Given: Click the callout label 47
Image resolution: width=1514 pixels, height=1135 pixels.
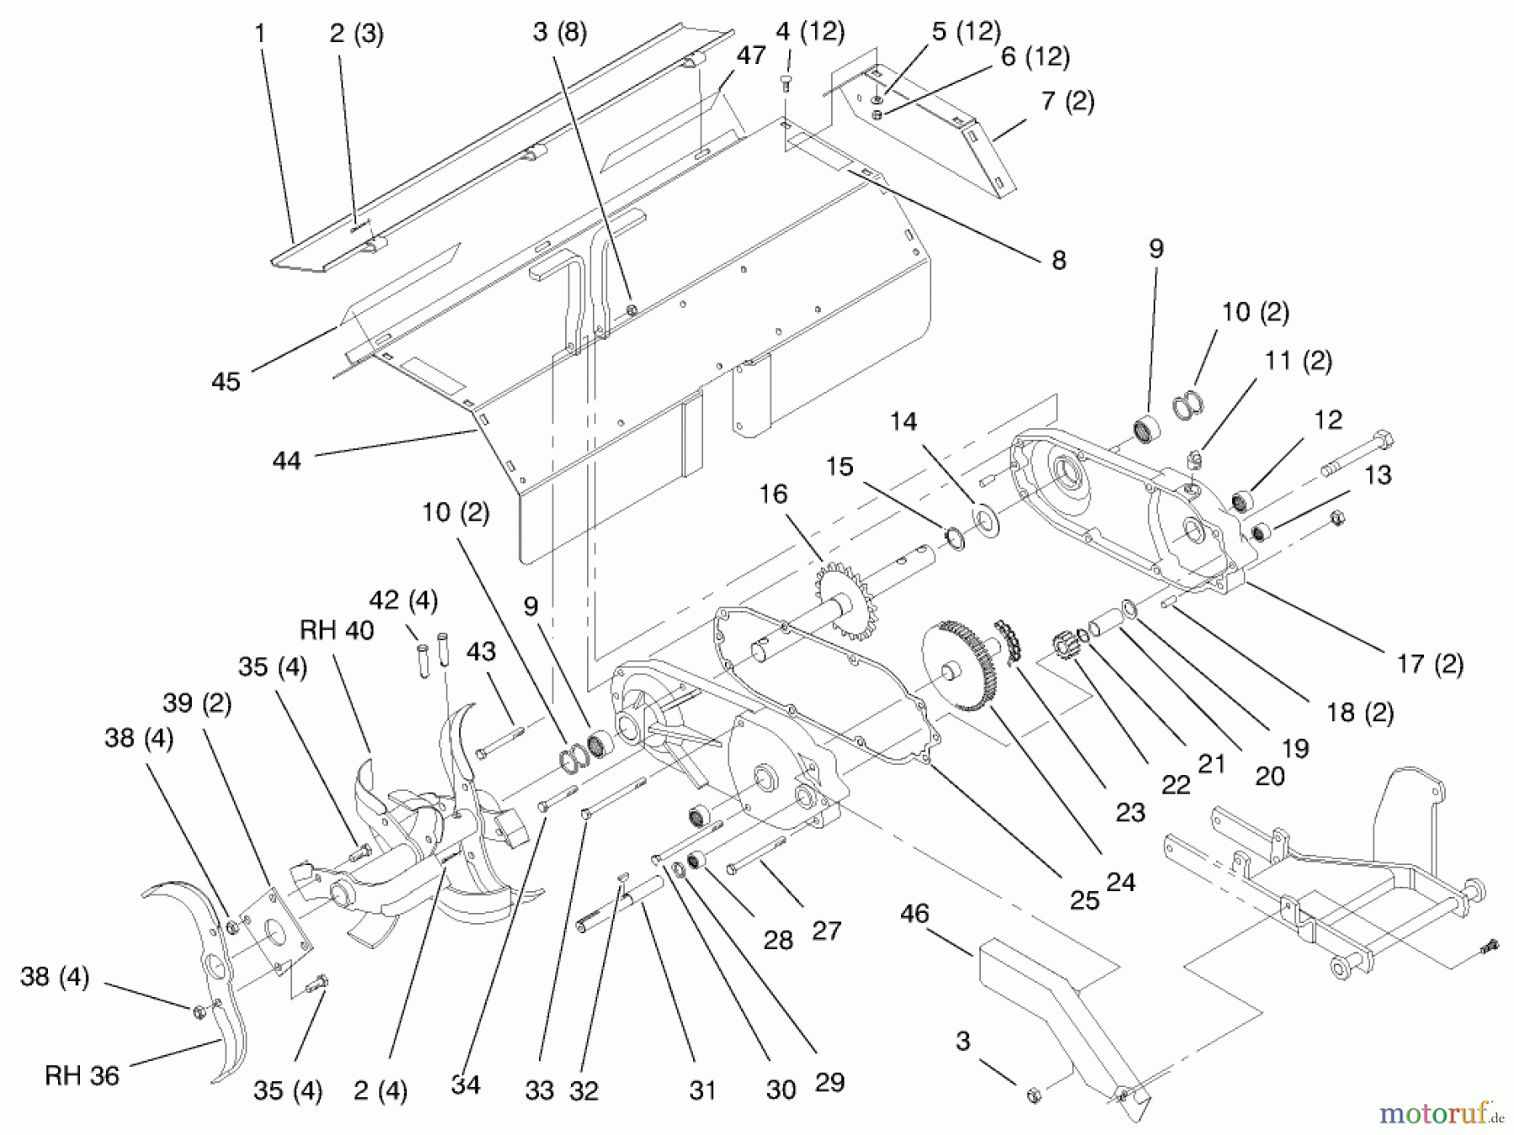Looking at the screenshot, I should click(750, 55).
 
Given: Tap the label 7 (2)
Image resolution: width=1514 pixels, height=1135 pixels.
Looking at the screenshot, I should click(1067, 101).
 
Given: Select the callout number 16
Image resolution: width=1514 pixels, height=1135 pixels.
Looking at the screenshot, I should click(772, 494).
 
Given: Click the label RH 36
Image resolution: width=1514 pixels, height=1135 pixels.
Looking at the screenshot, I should click(82, 1075).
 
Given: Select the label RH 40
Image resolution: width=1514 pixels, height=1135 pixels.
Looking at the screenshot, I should click(336, 630).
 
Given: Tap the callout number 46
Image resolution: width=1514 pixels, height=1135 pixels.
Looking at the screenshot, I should click(914, 913).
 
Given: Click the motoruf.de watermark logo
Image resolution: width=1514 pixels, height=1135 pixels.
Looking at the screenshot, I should click(1439, 1113).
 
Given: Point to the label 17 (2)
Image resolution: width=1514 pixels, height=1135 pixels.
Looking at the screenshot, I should click(1429, 663).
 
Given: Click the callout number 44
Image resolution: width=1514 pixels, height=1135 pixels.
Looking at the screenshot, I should click(286, 460).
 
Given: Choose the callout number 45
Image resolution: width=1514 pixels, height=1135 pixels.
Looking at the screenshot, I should click(225, 381).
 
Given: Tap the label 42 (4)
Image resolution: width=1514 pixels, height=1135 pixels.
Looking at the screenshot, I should click(403, 600).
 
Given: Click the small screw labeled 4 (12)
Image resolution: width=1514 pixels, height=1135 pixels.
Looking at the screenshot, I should click(786, 82).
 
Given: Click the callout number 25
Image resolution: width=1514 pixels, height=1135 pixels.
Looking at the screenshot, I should click(1084, 900).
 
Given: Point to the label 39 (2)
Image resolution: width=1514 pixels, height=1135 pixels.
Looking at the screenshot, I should click(197, 702).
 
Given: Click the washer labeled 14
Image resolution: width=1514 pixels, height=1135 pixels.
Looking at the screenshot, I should click(984, 520).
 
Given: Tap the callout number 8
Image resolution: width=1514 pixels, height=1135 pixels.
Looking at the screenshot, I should click(1058, 260).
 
